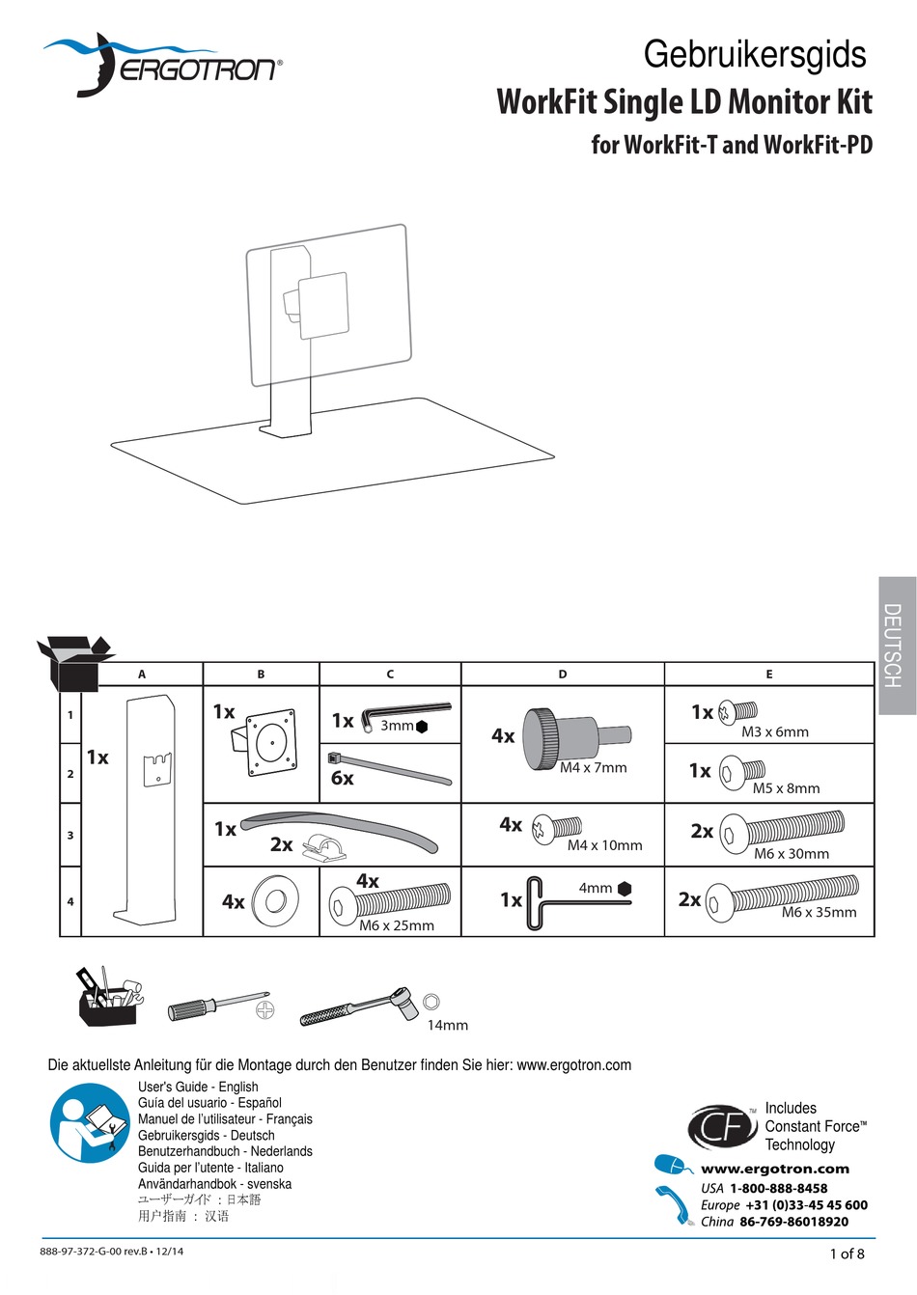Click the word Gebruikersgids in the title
point(755,54)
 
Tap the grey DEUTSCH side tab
point(896,646)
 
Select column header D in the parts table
point(563,675)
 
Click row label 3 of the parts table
point(70,835)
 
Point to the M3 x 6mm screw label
point(774,731)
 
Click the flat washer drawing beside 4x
point(274,901)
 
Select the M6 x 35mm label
point(819,912)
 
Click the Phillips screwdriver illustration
point(216,1006)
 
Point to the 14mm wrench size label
point(447,1025)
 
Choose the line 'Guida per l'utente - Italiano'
point(210,1168)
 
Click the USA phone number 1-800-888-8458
point(778,1188)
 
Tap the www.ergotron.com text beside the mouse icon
point(774,1169)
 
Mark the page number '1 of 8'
point(847,1254)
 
